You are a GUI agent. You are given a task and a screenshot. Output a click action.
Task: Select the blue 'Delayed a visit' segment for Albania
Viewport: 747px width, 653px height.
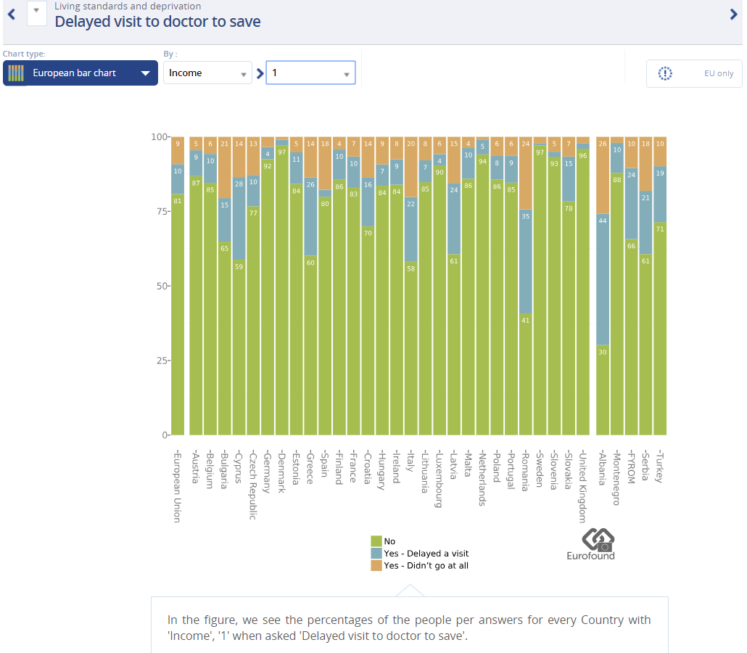pyautogui.click(x=602, y=279)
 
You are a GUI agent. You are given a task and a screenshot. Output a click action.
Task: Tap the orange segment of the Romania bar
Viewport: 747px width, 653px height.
pyautogui.click(x=526, y=173)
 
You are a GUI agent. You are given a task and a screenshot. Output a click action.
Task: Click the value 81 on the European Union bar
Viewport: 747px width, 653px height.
pyautogui.click(x=178, y=200)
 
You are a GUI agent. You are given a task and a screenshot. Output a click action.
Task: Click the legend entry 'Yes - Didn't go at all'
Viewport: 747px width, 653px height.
pyautogui.click(x=426, y=565)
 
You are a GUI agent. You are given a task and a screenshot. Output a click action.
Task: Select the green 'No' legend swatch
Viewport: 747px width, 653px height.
pyautogui.click(x=376, y=541)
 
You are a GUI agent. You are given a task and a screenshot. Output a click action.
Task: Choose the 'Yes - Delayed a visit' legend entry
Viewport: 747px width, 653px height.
pyautogui.click(x=426, y=554)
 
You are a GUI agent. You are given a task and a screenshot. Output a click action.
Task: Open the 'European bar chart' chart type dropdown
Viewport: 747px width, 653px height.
pyautogui.click(x=81, y=73)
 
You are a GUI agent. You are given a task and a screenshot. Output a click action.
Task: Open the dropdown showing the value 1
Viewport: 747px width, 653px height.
pyautogui.click(x=310, y=73)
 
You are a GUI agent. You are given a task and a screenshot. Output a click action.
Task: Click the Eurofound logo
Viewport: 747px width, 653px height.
pyautogui.click(x=590, y=544)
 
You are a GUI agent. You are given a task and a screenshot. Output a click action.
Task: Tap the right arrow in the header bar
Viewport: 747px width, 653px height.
pyautogui.click(x=733, y=14)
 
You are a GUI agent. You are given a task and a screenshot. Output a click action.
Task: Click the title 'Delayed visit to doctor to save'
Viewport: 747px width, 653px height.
pyautogui.click(x=157, y=22)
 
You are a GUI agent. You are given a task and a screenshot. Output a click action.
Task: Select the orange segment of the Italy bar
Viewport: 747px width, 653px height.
pyautogui.click(x=411, y=166)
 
